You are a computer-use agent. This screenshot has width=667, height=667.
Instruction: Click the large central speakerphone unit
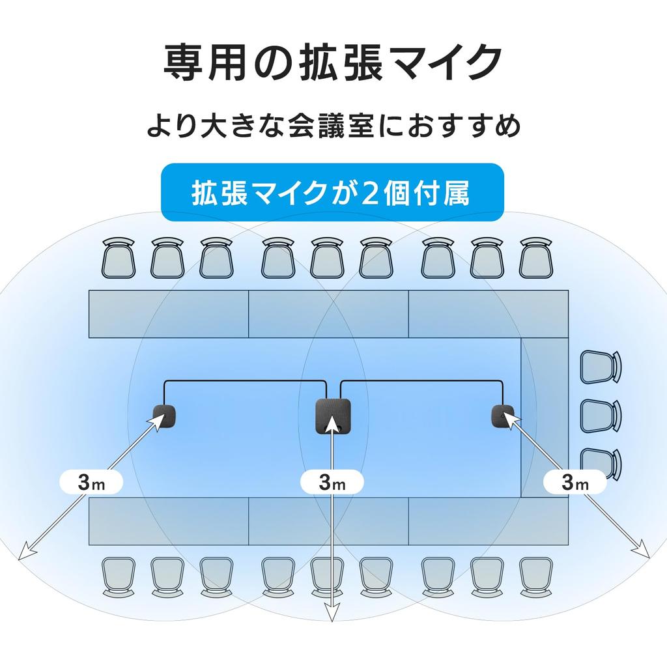pyautogui.click(x=333, y=415)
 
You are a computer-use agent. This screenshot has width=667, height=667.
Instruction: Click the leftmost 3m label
pyautogui.click(x=91, y=482)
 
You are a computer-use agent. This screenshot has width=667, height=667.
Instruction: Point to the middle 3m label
pyautogui.click(x=333, y=482)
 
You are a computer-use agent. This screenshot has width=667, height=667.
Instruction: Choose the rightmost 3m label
pyautogui.click(x=575, y=482)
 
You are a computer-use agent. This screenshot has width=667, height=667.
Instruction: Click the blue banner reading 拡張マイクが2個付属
pyautogui.click(x=332, y=193)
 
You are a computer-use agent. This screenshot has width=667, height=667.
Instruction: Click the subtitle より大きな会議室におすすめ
pyautogui.click(x=333, y=126)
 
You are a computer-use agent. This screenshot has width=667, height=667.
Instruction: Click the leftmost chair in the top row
pyautogui.click(x=118, y=258)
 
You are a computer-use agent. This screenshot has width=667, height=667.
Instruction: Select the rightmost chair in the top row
pyautogui.click(x=535, y=258)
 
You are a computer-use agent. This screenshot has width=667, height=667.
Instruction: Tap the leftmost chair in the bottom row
pyautogui.click(x=118, y=577)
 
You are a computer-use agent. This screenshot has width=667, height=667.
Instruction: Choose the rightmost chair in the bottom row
pyautogui.click(x=535, y=577)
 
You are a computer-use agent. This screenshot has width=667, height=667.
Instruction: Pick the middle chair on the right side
pyautogui.click(x=600, y=414)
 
